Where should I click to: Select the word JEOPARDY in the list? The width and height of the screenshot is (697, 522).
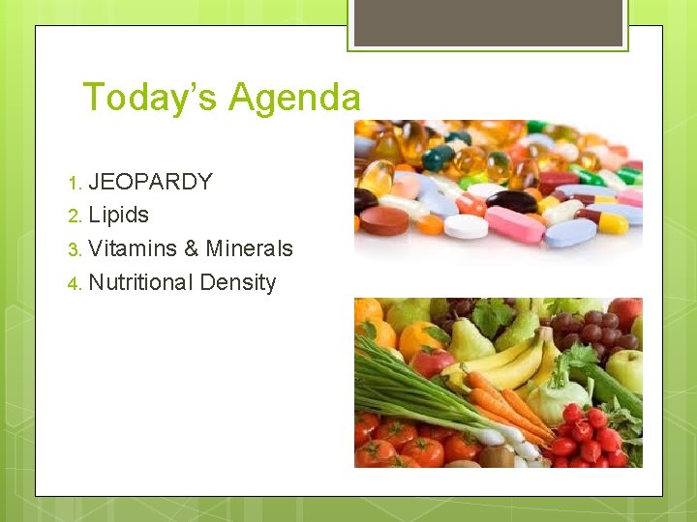pyautogui.click(x=150, y=182)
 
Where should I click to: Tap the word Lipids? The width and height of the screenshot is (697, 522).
pyautogui.click(x=118, y=215)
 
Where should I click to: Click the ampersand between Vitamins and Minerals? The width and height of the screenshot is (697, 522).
pyautogui.click(x=191, y=248)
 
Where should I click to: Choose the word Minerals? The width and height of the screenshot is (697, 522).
pyautogui.click(x=249, y=248)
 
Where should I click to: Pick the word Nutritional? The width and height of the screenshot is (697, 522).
pyautogui.click(x=140, y=282)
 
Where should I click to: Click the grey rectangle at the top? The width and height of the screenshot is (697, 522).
pyautogui.click(x=486, y=22)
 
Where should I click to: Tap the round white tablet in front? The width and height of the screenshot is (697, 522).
pyautogui.click(x=466, y=226)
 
